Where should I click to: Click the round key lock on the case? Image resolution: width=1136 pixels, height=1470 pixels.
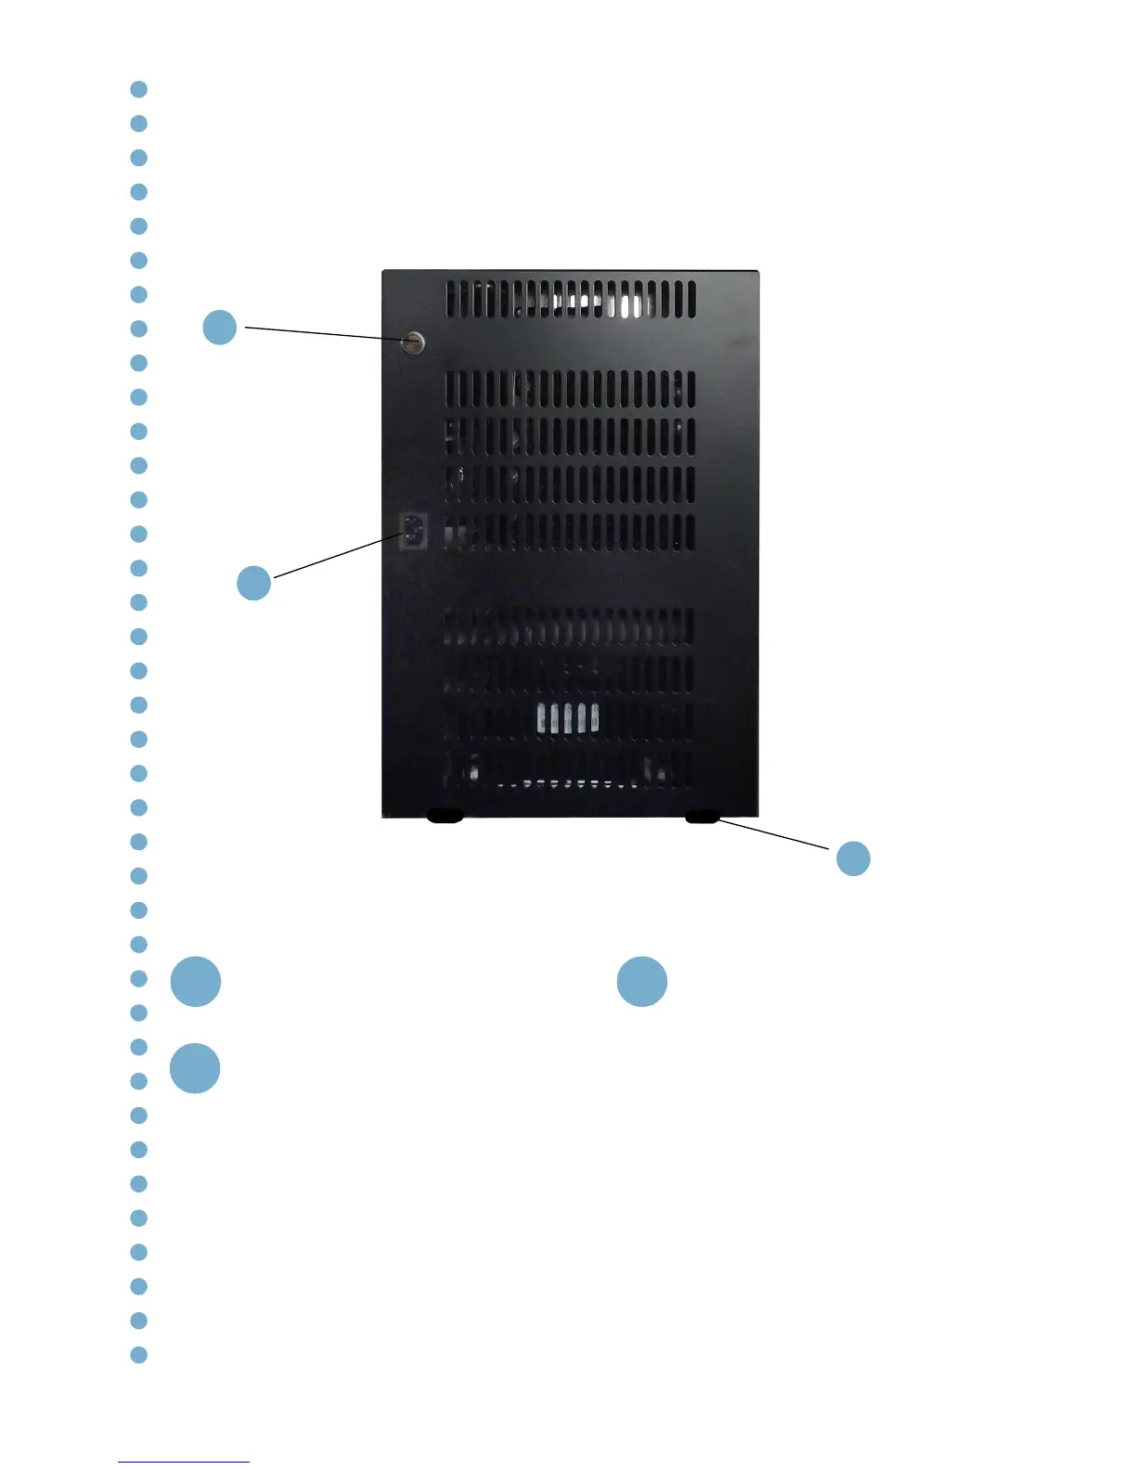coord(413,342)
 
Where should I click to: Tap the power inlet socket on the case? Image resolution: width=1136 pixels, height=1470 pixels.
coord(412,532)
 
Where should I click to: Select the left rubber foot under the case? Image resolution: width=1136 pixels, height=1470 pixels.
coord(445,817)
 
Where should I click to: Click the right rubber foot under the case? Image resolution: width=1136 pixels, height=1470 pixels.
coord(703,817)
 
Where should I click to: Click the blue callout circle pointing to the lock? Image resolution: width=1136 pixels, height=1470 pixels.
coord(220,327)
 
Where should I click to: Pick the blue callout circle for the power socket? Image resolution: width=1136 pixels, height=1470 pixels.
coord(253,583)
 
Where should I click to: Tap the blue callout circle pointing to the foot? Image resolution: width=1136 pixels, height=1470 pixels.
coord(853,858)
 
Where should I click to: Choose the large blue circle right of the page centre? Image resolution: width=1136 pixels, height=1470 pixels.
coord(642,982)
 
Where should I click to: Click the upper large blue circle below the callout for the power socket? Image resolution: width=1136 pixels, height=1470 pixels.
coord(196,982)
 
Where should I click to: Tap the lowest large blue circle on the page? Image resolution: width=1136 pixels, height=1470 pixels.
coord(196,1068)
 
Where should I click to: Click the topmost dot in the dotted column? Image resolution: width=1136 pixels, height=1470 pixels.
coord(139,89)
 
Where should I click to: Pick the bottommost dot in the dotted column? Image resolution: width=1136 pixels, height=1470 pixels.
coord(139,1355)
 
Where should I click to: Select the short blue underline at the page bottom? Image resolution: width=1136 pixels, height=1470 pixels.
coord(184,1462)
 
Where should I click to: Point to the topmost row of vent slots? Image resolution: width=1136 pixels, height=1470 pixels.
coord(570,300)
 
